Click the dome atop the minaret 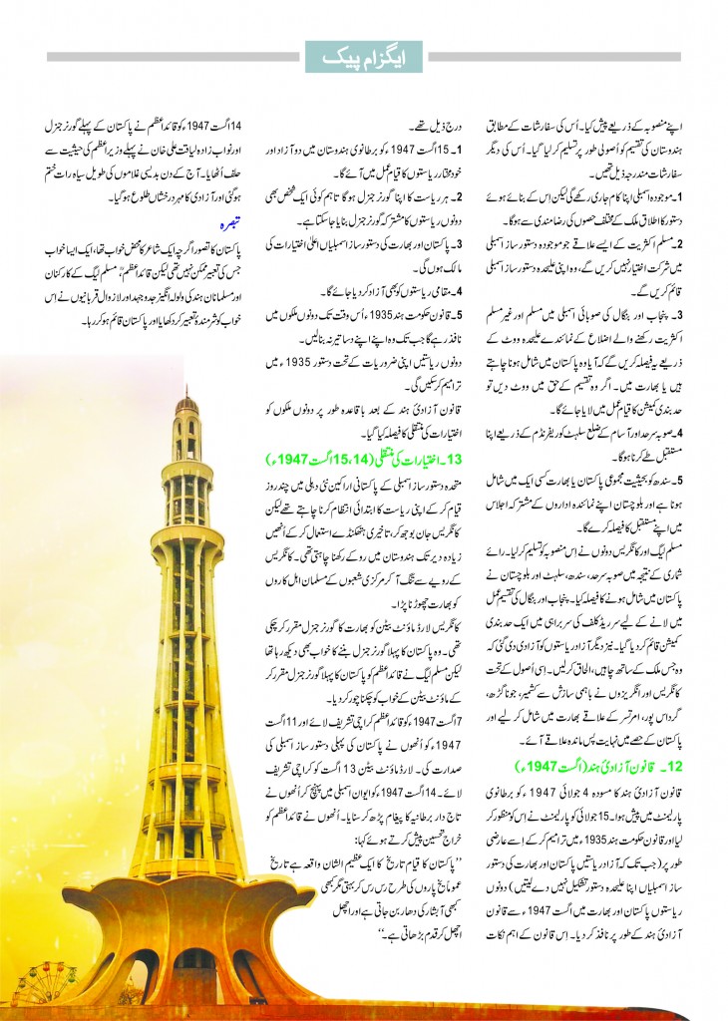pyautogui.click(x=186, y=403)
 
